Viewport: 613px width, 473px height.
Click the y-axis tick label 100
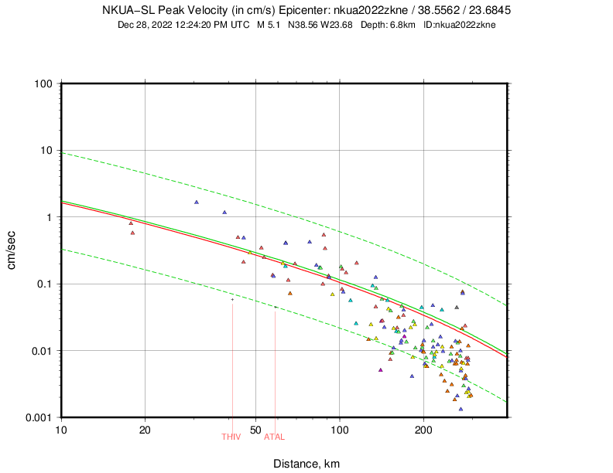pos(43,83)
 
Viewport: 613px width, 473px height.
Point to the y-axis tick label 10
pos(46,150)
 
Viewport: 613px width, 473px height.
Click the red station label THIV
pos(231,437)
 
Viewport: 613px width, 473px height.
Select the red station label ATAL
pos(275,437)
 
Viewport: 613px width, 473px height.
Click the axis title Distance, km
pos(306,464)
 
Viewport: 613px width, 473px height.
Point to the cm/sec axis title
pos(12,250)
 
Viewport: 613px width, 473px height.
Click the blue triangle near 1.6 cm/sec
pos(197,202)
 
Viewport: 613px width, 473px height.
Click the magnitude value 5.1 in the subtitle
pos(272,25)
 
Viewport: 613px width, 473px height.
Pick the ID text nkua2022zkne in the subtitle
pos(467,25)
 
